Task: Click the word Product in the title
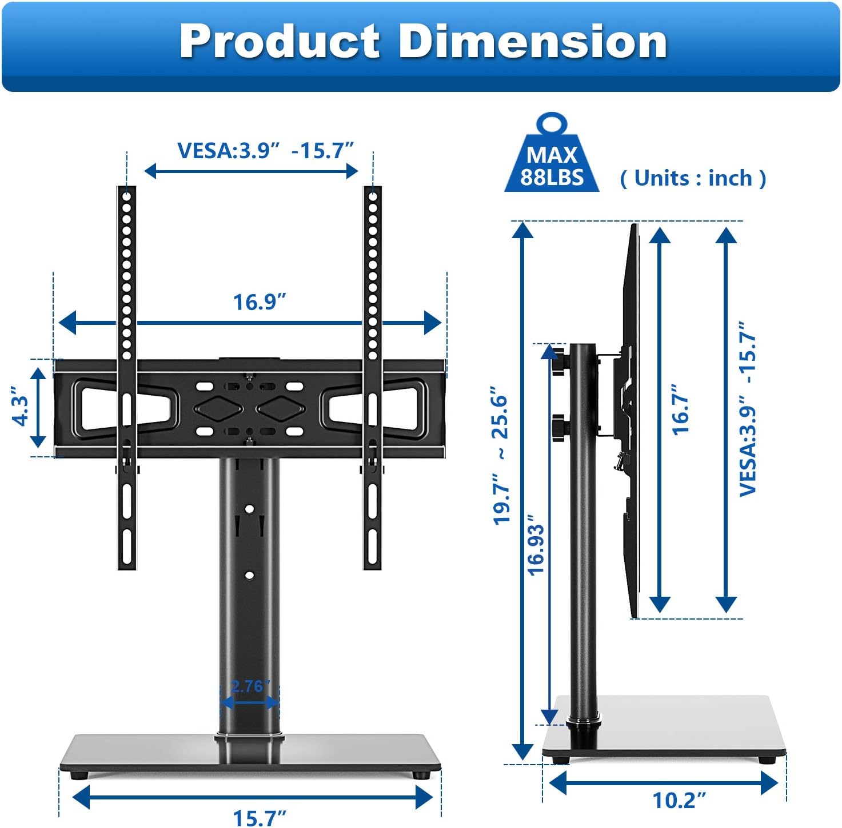point(280,42)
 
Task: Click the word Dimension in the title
point(532,42)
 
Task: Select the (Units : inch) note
point(693,178)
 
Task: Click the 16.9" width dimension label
point(259,302)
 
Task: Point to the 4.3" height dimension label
point(21,406)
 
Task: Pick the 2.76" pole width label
point(249,686)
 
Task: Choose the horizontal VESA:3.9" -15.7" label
point(265,151)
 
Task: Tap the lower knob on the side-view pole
point(558,427)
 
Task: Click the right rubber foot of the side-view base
point(767,760)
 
